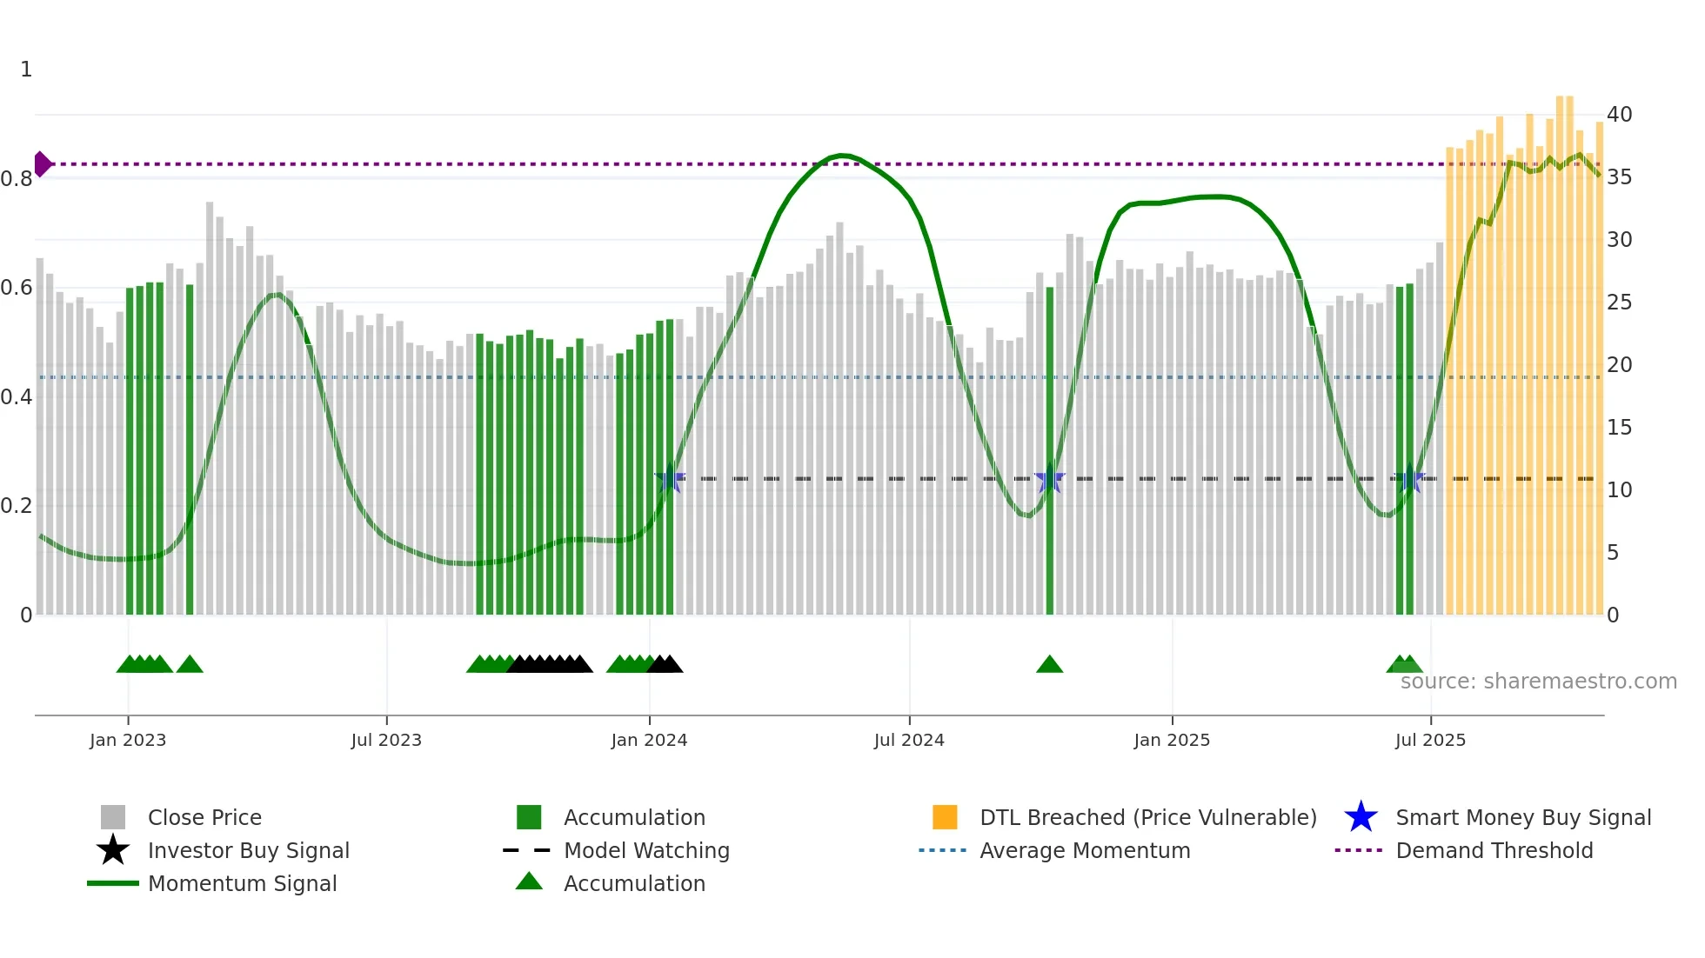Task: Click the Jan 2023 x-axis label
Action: click(x=127, y=740)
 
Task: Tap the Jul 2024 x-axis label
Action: click(x=909, y=740)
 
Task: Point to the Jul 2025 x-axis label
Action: click(x=1430, y=740)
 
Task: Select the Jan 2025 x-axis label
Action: click(x=1172, y=740)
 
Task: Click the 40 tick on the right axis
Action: click(x=1619, y=114)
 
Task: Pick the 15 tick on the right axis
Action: click(x=1619, y=427)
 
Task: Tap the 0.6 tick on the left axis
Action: click(x=17, y=288)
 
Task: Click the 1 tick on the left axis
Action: click(x=26, y=70)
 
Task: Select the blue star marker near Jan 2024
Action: click(x=669, y=479)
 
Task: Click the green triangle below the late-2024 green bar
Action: click(x=1049, y=664)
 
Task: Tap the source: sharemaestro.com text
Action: click(x=1538, y=681)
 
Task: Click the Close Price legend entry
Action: click(x=204, y=817)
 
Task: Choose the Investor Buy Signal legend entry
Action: click(x=248, y=850)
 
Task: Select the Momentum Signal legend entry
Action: click(x=242, y=883)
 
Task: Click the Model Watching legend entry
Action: click(x=646, y=850)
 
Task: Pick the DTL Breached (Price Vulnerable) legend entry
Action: click(x=1147, y=817)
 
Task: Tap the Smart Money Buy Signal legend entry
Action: click(x=1522, y=817)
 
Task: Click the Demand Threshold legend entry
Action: click(x=1494, y=850)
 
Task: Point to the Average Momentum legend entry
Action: click(x=1085, y=850)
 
